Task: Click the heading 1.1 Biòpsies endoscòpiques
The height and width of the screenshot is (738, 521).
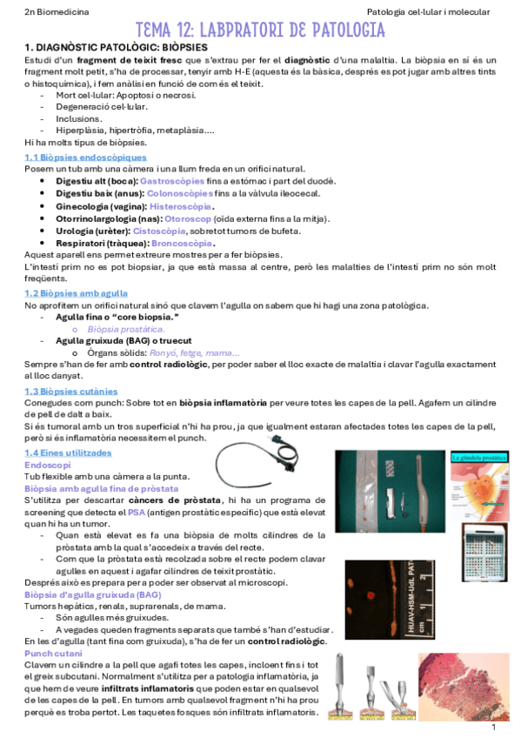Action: (x=85, y=157)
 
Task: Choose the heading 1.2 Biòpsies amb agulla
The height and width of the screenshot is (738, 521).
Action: (x=76, y=294)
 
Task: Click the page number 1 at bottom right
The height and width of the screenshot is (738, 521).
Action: (x=493, y=728)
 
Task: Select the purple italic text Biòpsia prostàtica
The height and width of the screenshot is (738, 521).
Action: (x=126, y=330)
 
